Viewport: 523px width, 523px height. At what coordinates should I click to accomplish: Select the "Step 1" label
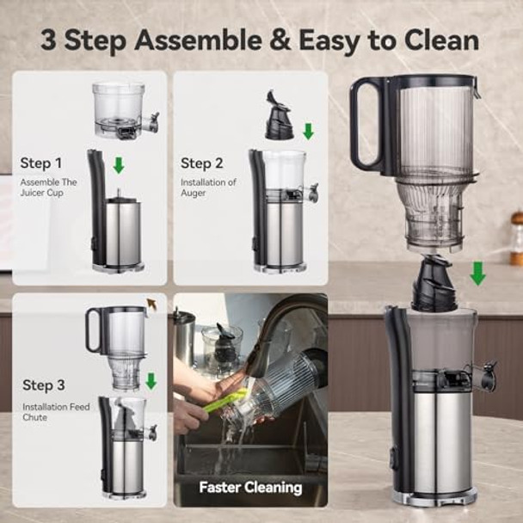40,163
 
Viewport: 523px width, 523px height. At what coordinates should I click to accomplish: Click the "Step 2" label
202,163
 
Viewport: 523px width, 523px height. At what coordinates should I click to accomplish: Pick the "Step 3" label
44,385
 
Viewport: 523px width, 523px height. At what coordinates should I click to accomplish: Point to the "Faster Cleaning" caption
250,488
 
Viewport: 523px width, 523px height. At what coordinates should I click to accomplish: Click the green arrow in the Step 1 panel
119,164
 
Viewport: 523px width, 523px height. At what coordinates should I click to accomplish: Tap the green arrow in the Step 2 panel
308,131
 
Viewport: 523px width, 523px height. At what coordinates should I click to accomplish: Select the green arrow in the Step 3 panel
151,380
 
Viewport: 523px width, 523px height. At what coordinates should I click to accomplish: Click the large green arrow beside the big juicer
477,274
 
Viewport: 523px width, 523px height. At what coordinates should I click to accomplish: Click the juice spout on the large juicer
487,376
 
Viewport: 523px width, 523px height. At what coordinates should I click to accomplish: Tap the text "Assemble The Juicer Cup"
48,188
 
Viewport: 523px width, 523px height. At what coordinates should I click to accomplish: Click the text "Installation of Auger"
208,188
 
